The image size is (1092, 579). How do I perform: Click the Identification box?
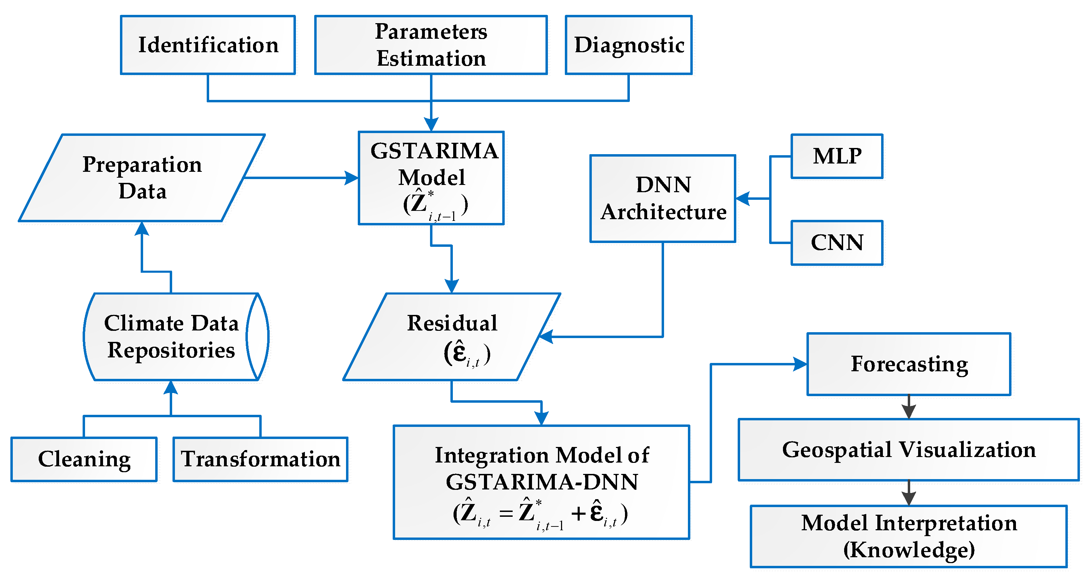click(208, 45)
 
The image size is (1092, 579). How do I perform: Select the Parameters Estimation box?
click(431, 45)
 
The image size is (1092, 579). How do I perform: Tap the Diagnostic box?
click(629, 45)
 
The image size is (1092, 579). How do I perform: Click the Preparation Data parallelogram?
click(142, 178)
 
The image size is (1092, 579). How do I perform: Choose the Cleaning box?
click(84, 459)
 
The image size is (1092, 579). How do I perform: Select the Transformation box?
click(260, 459)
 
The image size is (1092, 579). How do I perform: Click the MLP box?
click(837, 156)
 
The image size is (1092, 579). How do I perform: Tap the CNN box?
click(837, 242)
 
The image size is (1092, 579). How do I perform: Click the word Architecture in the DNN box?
click(663, 212)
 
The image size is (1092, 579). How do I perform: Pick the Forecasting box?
click(909, 364)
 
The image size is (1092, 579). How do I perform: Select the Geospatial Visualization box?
click(908, 450)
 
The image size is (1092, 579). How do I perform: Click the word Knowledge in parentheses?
click(909, 550)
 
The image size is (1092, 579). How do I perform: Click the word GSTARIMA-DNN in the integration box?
click(542, 482)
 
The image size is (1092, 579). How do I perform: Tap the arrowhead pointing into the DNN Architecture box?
click(743, 198)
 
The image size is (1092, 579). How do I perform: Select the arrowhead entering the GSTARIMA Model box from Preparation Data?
click(352, 178)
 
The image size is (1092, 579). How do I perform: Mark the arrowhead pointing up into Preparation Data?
click(142, 228)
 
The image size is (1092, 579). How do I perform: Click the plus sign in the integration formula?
click(578, 513)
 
